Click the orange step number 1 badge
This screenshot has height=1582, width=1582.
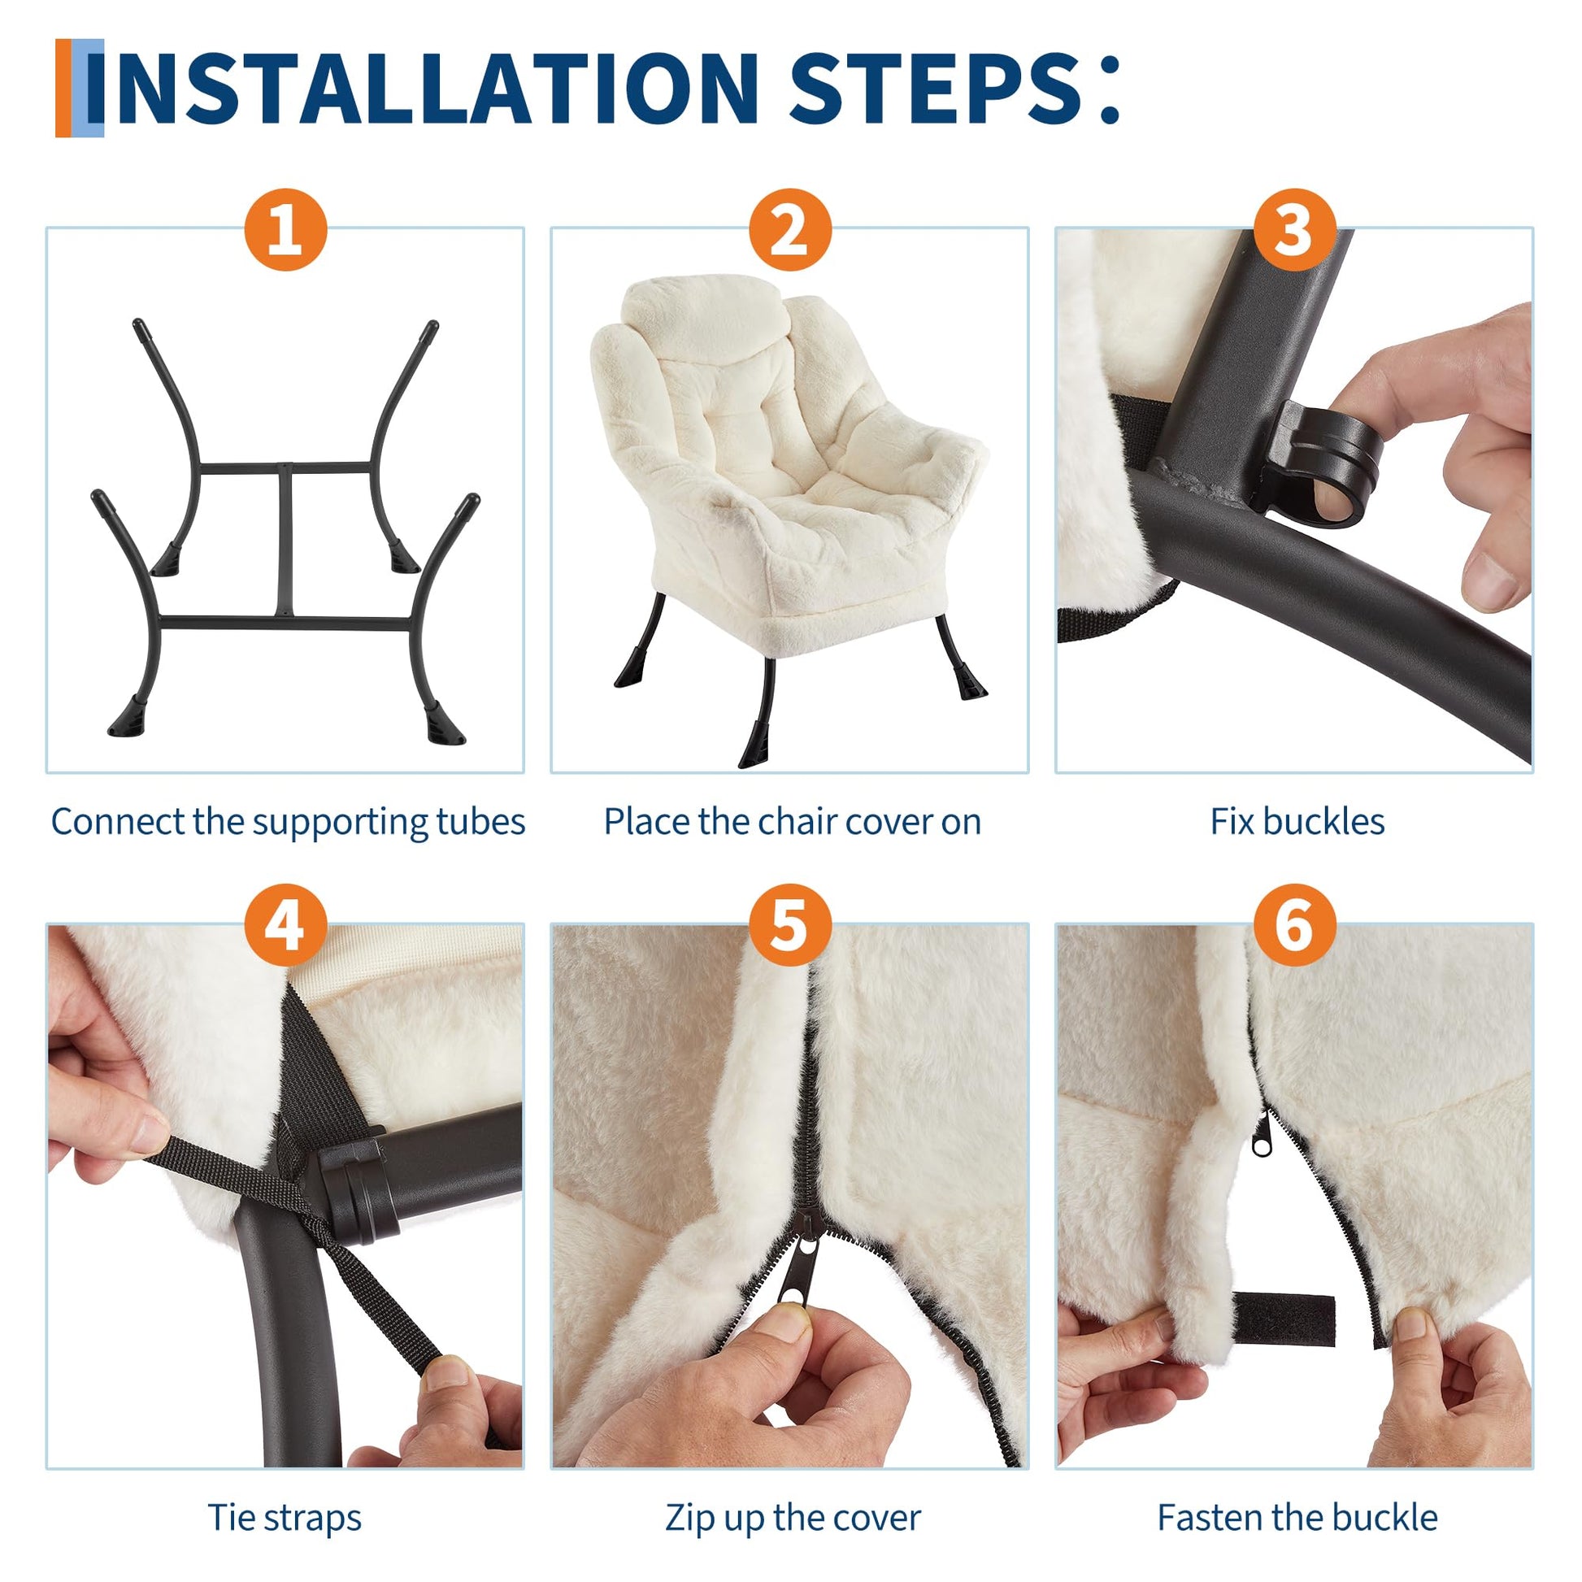285,229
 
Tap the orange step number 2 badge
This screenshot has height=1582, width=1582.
789,229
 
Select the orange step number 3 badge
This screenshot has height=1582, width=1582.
1293,229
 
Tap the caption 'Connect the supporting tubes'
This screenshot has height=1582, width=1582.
288,822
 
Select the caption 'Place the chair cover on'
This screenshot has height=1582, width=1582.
792,822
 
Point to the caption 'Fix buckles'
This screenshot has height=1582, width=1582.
1297,822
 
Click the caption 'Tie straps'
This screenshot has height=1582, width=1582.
285,1494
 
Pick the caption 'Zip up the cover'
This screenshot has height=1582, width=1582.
792,1495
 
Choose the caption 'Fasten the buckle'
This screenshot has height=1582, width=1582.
1297,1494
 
